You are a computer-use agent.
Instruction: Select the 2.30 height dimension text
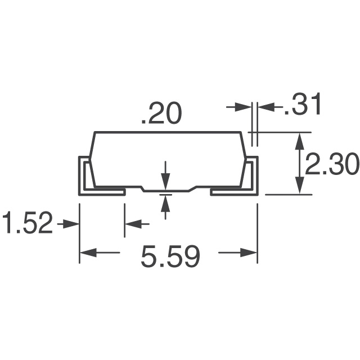point(332,165)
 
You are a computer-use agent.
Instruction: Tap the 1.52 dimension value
point(27,223)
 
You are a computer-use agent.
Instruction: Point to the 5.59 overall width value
point(170,258)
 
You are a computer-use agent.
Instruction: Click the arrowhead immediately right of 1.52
point(71,224)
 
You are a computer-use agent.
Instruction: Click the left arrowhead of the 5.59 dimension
point(87,253)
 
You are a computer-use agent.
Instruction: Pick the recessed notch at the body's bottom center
point(169,190)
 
